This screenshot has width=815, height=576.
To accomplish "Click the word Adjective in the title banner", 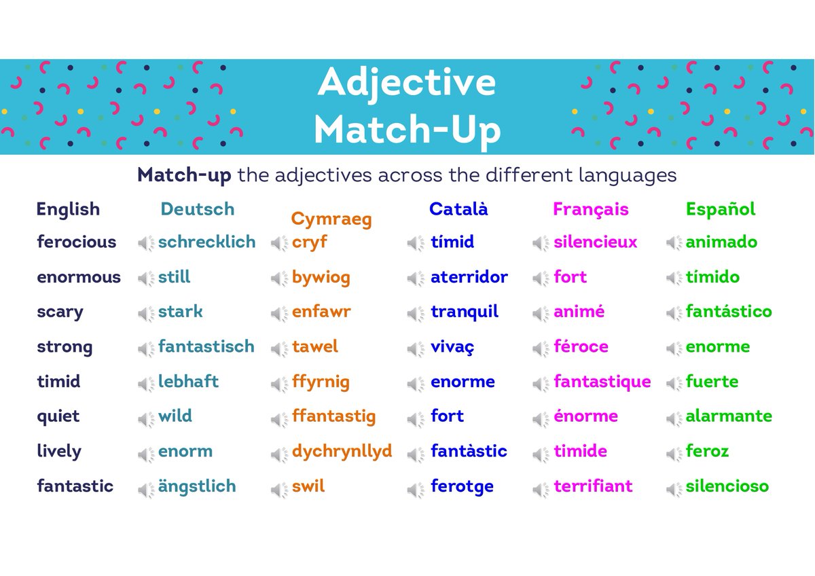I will coord(407,82).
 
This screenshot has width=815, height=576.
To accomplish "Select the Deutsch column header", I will coord(197,209).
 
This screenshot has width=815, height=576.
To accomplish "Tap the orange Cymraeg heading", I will coord(331,219).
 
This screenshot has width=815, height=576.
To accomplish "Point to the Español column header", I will coord(720,209).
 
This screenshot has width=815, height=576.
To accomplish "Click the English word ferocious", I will coord(76,242).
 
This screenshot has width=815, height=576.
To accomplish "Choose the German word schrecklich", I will coord(206,242).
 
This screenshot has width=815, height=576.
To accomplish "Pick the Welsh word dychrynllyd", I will coord(342,451).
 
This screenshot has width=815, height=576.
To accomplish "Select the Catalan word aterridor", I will coord(469,277).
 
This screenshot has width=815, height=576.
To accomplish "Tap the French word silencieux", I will coord(595,242).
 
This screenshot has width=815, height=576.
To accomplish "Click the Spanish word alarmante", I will coord(728,416).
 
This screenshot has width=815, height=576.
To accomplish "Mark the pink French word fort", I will coord(570,277).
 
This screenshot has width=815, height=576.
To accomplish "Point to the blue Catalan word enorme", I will coord(463,382).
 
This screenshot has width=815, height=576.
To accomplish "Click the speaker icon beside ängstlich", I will coord(146,488).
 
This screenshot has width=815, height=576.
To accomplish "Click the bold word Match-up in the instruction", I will coord(184,175).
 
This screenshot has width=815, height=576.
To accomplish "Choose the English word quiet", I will coord(58,416).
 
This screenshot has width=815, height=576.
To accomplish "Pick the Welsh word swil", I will coord(308,486).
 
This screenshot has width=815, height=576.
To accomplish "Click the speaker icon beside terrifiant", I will coord(541,488).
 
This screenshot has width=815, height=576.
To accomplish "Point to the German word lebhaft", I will coord(188,382).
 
